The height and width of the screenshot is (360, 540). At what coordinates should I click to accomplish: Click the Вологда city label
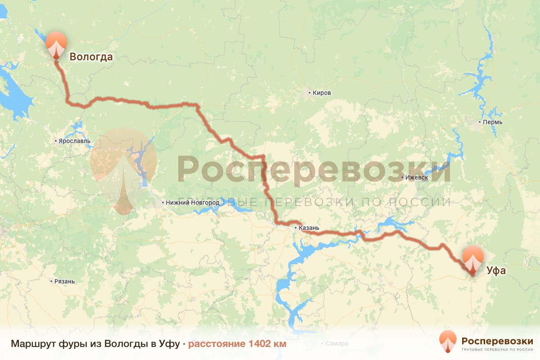(90, 57)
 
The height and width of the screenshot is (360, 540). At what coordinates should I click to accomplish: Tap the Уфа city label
(496, 271)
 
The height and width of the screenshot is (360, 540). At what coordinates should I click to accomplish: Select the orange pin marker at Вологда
(56, 44)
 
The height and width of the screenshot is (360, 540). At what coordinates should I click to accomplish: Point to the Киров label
(322, 93)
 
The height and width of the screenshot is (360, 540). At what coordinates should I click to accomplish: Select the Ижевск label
(416, 178)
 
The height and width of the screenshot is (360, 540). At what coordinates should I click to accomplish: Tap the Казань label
(309, 228)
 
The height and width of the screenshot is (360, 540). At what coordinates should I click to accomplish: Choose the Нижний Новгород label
(193, 203)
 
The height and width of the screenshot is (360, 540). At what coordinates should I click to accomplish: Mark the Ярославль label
(74, 141)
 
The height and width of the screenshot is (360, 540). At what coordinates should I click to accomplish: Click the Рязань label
(64, 282)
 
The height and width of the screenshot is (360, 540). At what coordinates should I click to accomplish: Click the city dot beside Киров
(310, 93)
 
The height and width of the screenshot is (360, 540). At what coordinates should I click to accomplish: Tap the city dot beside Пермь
(480, 122)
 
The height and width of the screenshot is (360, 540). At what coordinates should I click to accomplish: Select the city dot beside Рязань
(51, 282)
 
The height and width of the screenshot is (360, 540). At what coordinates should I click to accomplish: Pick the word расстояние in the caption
(216, 344)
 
